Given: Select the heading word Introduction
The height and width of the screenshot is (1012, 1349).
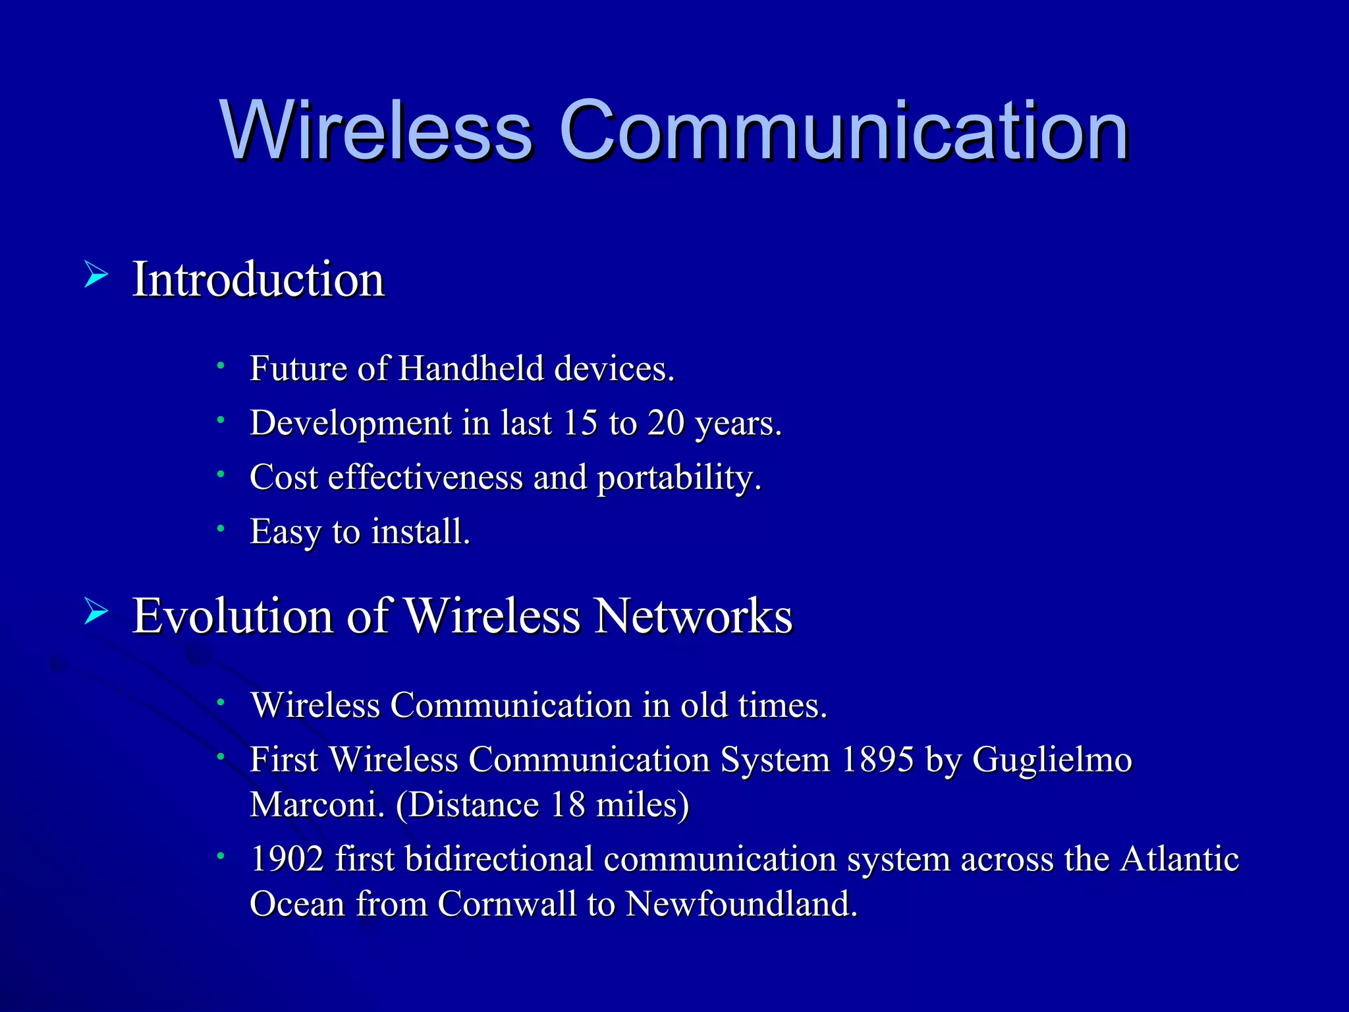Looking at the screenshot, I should (258, 279).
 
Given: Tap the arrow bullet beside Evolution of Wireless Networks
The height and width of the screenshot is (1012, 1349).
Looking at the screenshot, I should (96, 612).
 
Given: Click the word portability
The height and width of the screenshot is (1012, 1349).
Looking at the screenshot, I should (678, 478).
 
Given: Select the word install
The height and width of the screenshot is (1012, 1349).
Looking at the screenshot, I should (420, 532).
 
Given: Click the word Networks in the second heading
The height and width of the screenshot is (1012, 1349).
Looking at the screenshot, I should (694, 616).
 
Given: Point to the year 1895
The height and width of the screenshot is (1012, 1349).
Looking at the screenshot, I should (878, 760).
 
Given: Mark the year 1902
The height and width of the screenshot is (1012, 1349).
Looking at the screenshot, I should (288, 859).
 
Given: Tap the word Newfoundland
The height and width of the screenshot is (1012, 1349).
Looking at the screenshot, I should (741, 903).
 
